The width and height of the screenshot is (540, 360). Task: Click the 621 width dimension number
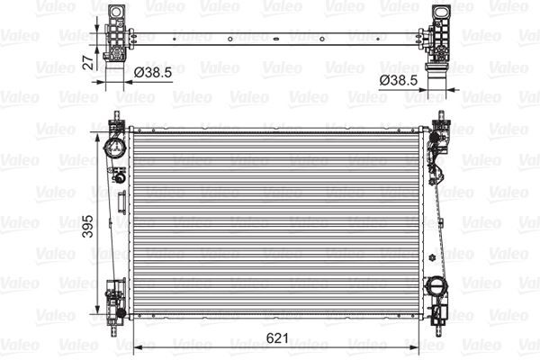pyautogui.click(x=280, y=337)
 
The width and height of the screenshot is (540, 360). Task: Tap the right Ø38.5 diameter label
pyautogui.click(x=398, y=80)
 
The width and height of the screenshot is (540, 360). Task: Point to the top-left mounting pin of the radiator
pyautogui.click(x=116, y=116)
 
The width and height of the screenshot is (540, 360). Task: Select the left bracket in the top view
pyautogui.click(x=114, y=33)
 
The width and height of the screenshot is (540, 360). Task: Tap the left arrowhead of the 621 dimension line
pyautogui.click(x=136, y=348)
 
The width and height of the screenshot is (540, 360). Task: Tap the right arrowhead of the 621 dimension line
pyautogui.click(x=421, y=348)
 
